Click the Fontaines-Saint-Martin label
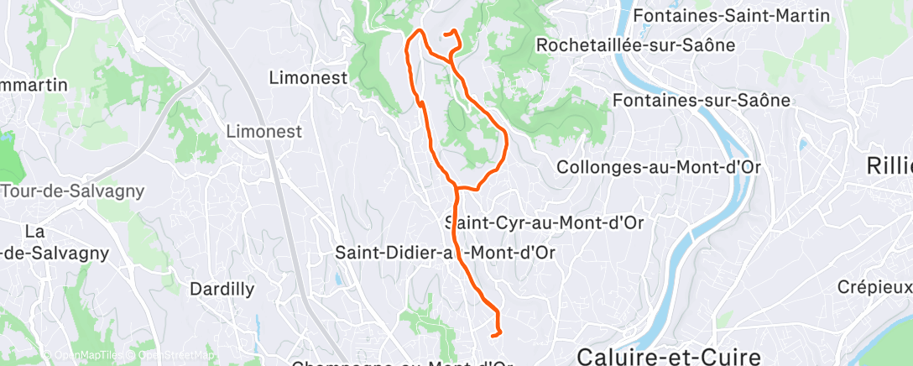tap(743, 16)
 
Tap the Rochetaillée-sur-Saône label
tap(635, 44)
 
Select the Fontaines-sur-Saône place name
tap(702, 101)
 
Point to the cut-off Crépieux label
tap(874, 287)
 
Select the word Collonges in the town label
tap(598, 167)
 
